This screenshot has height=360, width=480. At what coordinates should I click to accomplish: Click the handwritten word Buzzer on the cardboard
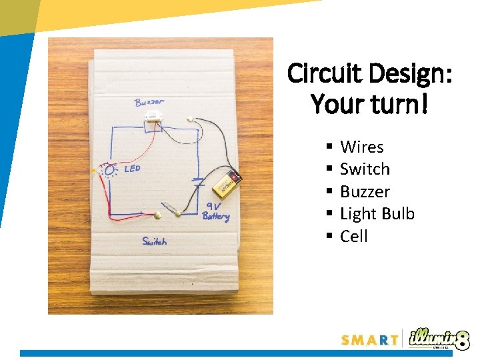click(149, 102)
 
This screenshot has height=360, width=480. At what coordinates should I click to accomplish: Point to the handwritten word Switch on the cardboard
click(154, 241)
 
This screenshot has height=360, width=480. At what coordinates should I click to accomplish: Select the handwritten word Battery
click(215, 217)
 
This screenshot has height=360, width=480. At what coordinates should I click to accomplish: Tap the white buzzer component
click(153, 117)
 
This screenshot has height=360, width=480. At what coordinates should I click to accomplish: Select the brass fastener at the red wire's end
click(157, 215)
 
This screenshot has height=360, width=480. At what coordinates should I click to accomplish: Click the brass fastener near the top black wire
click(191, 121)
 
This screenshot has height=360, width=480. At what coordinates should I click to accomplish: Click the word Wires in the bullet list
click(361, 147)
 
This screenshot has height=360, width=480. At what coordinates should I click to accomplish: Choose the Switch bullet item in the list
click(365, 169)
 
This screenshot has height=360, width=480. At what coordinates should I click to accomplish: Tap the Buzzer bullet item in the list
click(365, 192)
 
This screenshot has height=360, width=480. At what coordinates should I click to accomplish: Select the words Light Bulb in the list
click(377, 214)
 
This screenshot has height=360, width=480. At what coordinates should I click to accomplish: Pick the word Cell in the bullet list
click(354, 237)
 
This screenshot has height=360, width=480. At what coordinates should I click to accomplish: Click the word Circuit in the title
click(324, 74)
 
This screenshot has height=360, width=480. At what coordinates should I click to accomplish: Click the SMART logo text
click(369, 340)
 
